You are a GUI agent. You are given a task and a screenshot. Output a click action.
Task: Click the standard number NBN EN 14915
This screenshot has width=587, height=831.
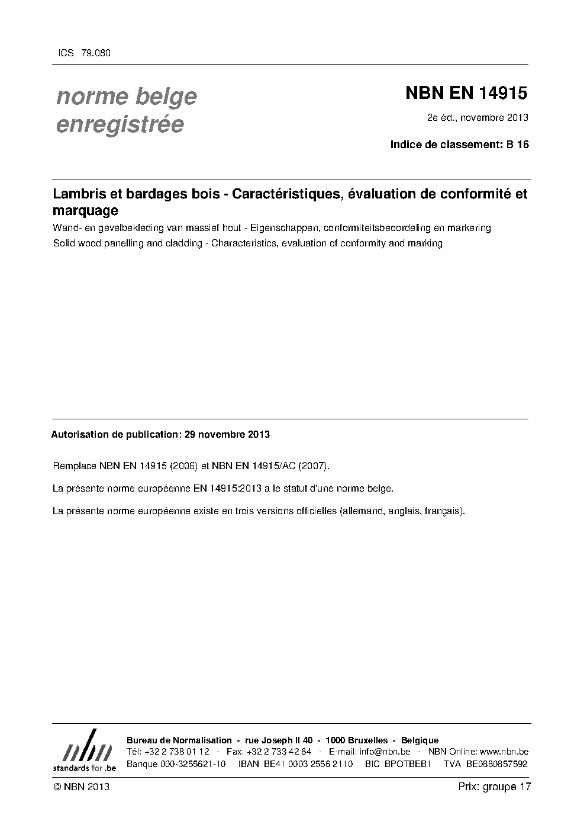pyautogui.click(x=466, y=94)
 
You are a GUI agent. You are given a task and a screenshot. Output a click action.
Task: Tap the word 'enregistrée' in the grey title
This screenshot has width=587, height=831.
pyautogui.click(x=120, y=125)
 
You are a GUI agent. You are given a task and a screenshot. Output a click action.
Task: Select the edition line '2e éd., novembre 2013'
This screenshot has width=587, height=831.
pyautogui.click(x=478, y=117)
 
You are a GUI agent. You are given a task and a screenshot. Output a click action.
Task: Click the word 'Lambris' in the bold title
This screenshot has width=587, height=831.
pyautogui.click(x=75, y=194)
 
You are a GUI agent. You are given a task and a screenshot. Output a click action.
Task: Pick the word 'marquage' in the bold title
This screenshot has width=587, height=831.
pyautogui.click(x=85, y=210)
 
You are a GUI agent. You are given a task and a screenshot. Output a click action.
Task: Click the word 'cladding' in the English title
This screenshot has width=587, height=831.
pyautogui.click(x=184, y=243)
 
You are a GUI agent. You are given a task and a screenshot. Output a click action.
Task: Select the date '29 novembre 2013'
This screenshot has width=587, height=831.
pyautogui.click(x=227, y=435)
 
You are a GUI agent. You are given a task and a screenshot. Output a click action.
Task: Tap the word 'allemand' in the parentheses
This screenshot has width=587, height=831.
pyautogui.click(x=360, y=511)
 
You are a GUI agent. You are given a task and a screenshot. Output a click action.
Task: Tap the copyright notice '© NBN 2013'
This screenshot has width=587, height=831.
pyautogui.click(x=81, y=787)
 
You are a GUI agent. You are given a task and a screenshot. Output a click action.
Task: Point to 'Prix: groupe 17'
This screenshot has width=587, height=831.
pyautogui.click(x=495, y=787)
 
